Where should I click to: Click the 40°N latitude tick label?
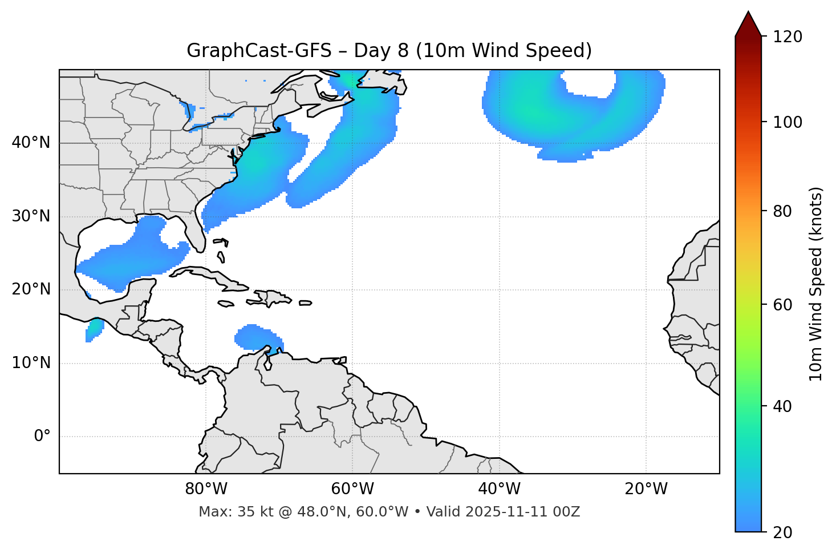(31, 143)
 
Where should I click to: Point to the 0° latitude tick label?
(42, 437)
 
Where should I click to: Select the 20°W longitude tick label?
(646, 489)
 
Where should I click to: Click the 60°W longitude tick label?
(352, 489)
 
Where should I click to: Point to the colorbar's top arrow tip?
(748, 12)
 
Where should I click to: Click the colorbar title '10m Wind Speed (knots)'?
(816, 284)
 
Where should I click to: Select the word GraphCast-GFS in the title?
(259, 51)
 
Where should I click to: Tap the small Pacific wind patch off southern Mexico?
(94, 329)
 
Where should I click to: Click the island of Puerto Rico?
(306, 303)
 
